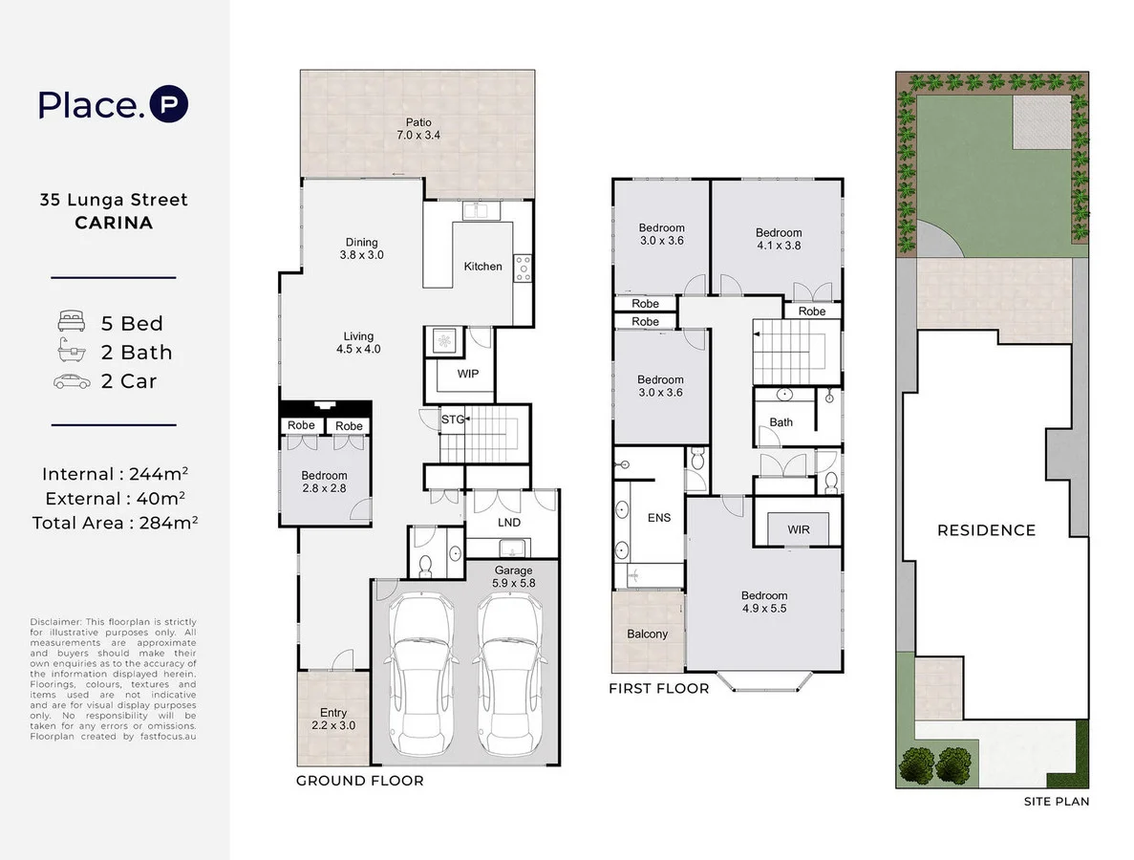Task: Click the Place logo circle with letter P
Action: click(169, 105)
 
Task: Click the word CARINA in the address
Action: click(114, 224)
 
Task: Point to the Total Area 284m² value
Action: click(115, 523)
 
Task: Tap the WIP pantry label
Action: click(467, 374)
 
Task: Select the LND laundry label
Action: click(509, 523)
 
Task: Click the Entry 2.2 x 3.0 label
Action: click(333, 719)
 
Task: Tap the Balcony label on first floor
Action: click(648, 634)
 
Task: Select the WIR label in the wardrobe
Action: click(799, 528)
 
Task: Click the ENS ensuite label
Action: click(659, 518)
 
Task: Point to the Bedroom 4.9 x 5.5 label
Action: click(764, 602)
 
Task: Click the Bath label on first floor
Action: click(781, 422)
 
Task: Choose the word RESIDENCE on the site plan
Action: click(986, 530)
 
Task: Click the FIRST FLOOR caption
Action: click(659, 688)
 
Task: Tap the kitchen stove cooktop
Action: click(523, 267)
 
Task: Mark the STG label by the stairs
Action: click(452, 419)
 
